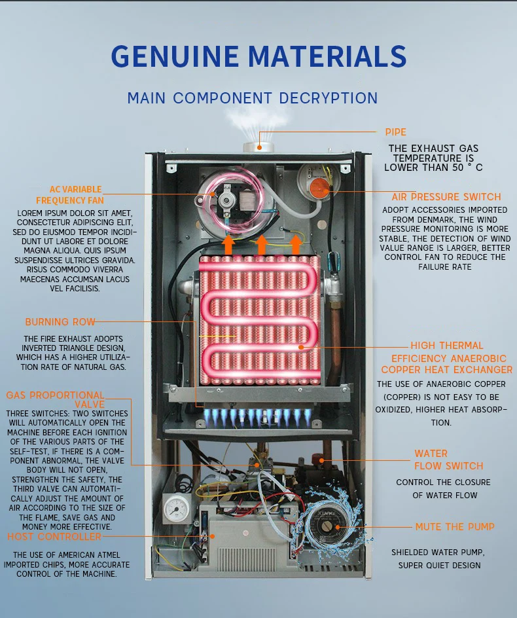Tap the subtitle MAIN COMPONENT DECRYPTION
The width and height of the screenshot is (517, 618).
253,98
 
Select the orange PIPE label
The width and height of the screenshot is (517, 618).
395,132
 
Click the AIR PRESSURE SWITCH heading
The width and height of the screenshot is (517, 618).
446,197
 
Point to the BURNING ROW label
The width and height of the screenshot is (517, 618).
60,322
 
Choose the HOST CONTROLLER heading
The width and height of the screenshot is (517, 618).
54,537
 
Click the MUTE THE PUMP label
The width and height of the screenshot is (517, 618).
455,527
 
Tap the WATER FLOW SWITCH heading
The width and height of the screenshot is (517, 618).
448,460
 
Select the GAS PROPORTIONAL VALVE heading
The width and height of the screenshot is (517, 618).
55,399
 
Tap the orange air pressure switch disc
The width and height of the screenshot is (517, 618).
319,188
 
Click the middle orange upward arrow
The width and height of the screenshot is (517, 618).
262,245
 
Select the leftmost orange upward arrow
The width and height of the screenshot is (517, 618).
228,245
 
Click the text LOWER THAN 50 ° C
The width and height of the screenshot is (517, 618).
433,168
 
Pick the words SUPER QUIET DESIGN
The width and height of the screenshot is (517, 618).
439,565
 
